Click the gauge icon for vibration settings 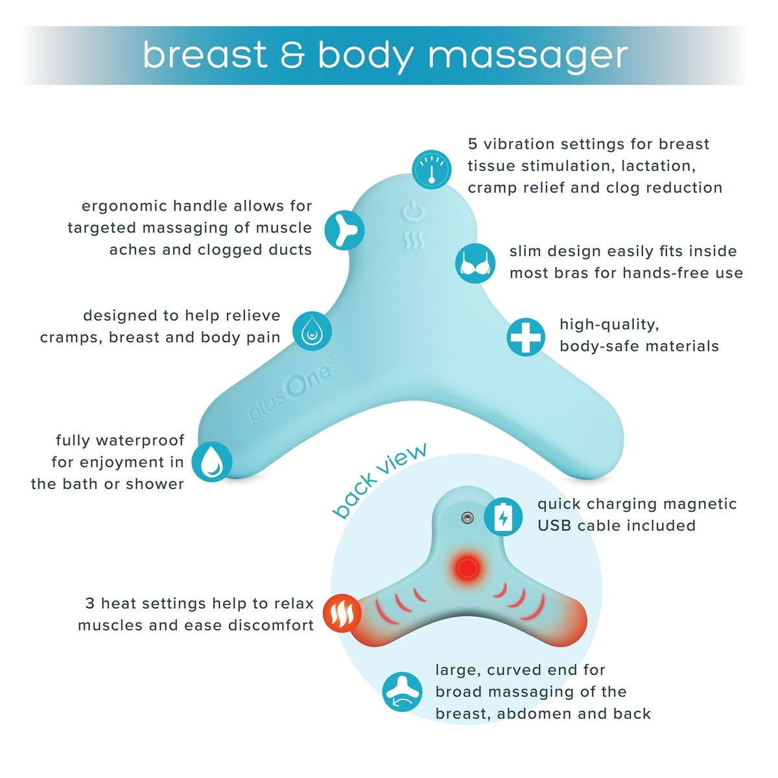coord(432,169)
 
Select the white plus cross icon coord(525,336)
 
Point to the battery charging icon coord(503,517)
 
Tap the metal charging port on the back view coord(467,517)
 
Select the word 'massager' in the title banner coord(528,56)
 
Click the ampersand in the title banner coord(292,55)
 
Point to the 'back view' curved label coord(379,480)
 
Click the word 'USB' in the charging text coord(555,526)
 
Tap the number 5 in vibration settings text coord(473,144)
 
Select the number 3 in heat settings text coord(90,604)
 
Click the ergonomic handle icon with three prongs coord(344,230)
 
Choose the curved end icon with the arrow coord(402,692)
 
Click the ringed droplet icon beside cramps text coord(312,331)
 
